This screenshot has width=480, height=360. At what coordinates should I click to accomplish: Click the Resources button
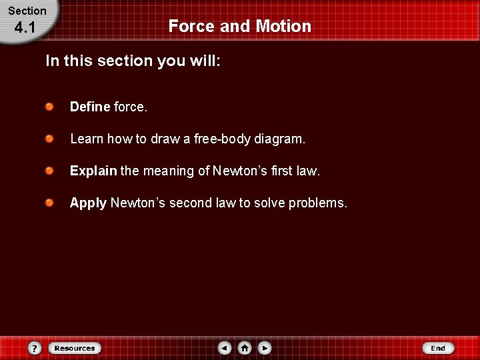pos(74,348)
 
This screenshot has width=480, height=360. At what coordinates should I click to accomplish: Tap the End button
pos(438,348)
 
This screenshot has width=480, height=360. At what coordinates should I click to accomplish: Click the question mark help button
pos(35,348)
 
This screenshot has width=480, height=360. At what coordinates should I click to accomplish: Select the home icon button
pos(245,348)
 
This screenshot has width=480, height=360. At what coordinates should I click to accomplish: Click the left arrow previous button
pos(225,348)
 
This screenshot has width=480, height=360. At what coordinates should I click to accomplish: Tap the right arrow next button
pos(265,348)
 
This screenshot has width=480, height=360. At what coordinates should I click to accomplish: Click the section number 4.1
pos(25,28)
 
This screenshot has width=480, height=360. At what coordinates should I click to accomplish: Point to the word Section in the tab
pos(27,11)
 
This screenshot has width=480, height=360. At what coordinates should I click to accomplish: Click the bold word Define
pos(90,107)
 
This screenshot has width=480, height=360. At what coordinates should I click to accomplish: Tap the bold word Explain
pos(93,171)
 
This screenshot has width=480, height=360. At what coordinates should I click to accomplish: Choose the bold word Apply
pos(88,203)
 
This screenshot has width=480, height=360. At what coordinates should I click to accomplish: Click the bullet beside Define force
pos(50,106)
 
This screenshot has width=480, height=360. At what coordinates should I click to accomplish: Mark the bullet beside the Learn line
pos(50,138)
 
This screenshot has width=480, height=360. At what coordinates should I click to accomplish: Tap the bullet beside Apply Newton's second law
pos(50,202)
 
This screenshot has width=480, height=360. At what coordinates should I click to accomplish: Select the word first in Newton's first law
pos(282,171)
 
